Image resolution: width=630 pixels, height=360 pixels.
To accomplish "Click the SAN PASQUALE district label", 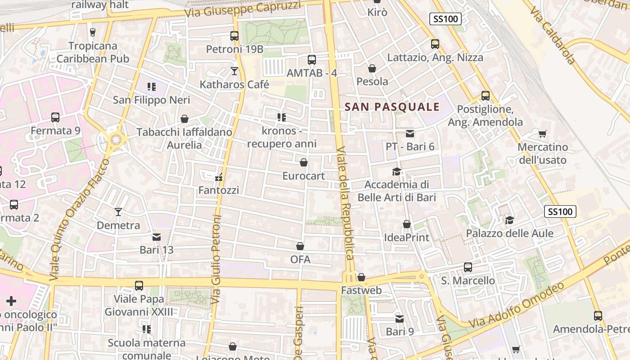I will point(391,107).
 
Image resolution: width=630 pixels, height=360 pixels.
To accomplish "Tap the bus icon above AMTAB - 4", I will point(311,59).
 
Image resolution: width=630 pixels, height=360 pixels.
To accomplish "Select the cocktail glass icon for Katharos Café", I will point(234,71).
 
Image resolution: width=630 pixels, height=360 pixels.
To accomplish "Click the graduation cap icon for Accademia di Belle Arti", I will point(396,171).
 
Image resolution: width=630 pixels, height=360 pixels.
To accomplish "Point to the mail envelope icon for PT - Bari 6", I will point(409,134).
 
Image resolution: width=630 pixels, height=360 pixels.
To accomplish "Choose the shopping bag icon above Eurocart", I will point(304,162).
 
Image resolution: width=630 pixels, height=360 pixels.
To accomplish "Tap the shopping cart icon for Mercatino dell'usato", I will point(543,134).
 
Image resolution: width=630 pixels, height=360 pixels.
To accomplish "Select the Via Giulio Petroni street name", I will point(216,258).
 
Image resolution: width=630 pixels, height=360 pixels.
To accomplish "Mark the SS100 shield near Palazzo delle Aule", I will point(560,211).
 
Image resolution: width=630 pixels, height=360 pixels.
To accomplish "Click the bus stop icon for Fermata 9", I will point(55,117).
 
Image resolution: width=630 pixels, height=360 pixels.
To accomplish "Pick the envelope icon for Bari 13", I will point(157,237).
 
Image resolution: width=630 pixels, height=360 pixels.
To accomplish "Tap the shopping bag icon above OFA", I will point(300,247).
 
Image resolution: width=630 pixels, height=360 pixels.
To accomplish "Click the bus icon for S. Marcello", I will point(468,267).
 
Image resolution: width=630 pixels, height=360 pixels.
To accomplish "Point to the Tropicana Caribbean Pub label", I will point(93,52).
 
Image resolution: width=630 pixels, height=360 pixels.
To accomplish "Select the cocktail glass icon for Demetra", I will point(118,211).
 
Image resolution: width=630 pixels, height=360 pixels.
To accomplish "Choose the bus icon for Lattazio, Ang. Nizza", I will point(435,44).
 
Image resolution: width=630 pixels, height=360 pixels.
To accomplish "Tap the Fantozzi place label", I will point(219,190).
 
